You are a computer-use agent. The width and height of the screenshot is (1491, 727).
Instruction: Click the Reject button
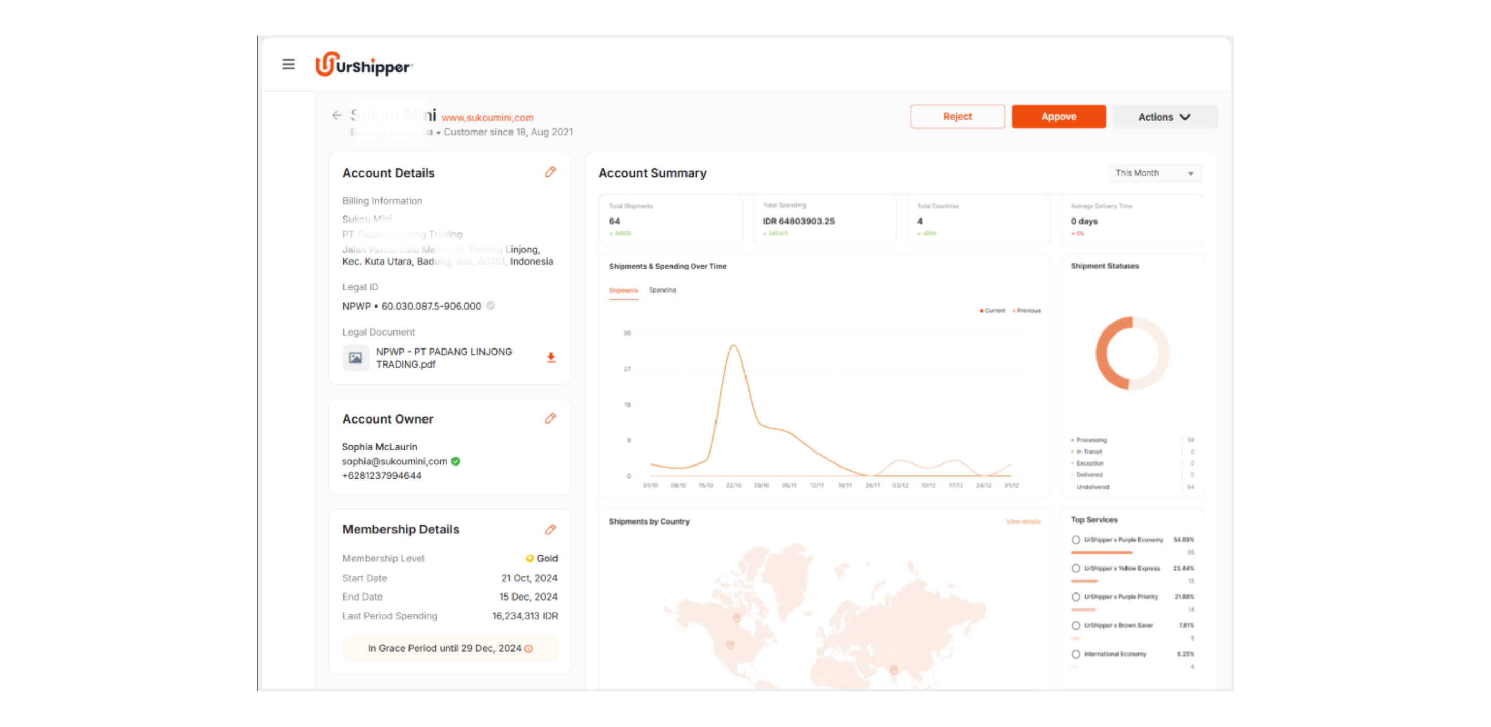pos(957,117)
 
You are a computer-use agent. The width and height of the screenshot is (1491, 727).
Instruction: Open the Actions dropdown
pos(1164,117)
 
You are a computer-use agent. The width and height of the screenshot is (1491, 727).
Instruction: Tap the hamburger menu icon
pos(288,64)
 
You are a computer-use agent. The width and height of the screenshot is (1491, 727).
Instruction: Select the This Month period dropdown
pos(1154,173)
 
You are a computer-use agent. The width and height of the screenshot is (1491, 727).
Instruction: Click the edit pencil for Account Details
pos(550,172)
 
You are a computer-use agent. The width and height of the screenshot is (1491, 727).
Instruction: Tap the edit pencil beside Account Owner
pos(550,418)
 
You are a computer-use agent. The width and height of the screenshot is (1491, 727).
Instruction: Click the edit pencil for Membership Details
pos(550,530)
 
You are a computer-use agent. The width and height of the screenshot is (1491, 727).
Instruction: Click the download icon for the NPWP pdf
pos(551,358)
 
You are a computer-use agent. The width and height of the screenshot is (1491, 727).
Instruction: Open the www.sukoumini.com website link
pos(487,118)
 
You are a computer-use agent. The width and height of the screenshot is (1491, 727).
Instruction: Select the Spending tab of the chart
pos(662,290)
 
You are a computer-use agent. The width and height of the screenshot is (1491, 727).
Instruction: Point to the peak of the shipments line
pos(734,345)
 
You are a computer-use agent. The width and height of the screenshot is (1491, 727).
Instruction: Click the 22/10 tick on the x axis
pos(734,486)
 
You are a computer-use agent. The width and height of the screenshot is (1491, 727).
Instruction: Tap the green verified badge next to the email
pos(456,461)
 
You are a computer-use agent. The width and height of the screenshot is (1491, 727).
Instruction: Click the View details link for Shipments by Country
pos(1023,521)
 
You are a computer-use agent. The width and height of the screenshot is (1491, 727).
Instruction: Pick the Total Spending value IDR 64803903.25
pos(798,221)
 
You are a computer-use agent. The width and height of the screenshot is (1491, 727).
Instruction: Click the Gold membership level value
pos(546,559)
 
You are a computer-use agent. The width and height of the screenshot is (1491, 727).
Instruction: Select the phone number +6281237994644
pos(382,476)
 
